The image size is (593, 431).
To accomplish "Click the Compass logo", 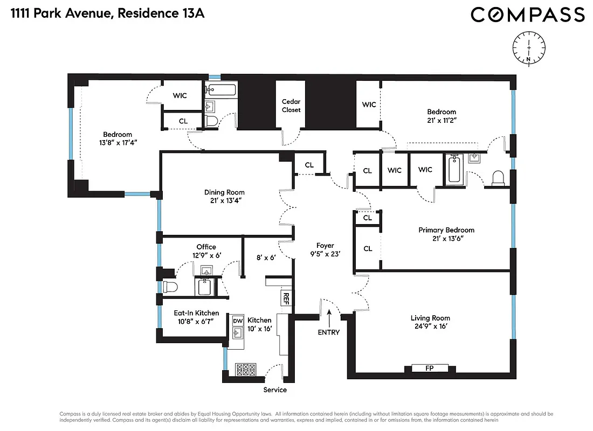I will [527, 15].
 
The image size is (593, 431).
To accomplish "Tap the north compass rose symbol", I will [529, 48].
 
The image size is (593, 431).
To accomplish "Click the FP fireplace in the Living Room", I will [430, 369].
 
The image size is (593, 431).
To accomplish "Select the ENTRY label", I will [328, 332].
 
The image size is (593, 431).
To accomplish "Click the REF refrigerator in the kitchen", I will [285, 298].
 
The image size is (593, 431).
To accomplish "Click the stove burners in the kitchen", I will [246, 370].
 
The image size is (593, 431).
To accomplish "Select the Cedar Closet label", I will [291, 106].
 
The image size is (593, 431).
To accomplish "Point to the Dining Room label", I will [224, 192].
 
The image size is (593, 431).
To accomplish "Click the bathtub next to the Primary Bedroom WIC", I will [453, 169].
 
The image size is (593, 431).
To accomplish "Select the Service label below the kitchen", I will [275, 390].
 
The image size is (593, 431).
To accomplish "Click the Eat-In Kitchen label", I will [196, 313].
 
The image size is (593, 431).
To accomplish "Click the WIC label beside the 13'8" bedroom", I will [180, 95].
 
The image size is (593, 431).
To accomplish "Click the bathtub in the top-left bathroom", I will [221, 90].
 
